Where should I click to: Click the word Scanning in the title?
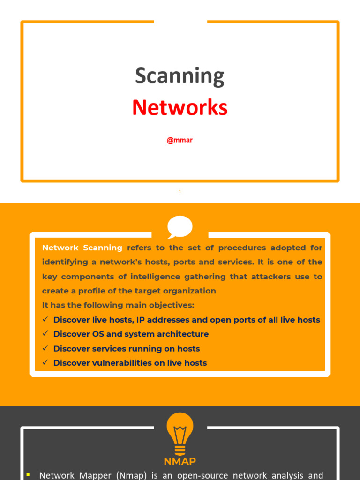point(180,76)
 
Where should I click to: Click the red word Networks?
point(180,107)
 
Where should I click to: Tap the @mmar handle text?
point(180,140)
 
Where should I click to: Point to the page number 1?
point(180,192)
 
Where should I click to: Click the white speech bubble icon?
point(180,227)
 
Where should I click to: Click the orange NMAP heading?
point(180,461)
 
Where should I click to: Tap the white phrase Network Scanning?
point(82,247)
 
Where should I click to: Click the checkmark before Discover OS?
point(45,334)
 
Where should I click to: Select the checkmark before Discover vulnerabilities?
point(45,363)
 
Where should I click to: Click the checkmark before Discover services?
point(45,348)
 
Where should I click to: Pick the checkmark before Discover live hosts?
point(45,320)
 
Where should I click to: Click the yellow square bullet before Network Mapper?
point(29,475)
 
